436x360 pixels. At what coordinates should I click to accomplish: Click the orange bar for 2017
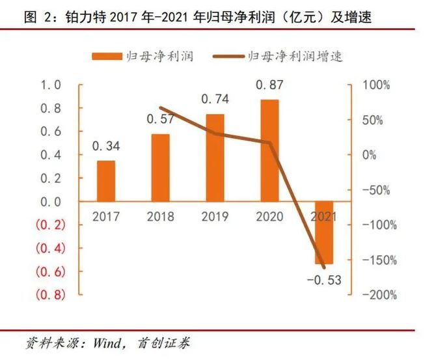pyautogui.click(x=106, y=181)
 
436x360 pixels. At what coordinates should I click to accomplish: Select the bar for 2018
pyautogui.click(x=161, y=168)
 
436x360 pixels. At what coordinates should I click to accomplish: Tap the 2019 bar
pyautogui.click(x=215, y=158)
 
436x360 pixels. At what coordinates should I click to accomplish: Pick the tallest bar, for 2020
pyautogui.click(x=269, y=150)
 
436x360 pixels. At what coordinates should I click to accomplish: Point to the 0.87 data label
pyautogui.click(x=269, y=85)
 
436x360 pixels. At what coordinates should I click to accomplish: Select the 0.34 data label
pyautogui.click(x=107, y=146)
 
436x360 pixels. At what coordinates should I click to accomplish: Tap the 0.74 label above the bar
pyautogui.click(x=215, y=100)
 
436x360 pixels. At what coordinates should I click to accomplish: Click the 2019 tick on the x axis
pyautogui.click(x=215, y=215)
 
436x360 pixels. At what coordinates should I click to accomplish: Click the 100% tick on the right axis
pyautogui.click(x=375, y=85)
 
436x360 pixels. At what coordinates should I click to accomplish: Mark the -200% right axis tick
pyautogui.click(x=376, y=295)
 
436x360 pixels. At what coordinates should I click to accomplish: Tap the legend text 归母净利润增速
pyautogui.click(x=295, y=57)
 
